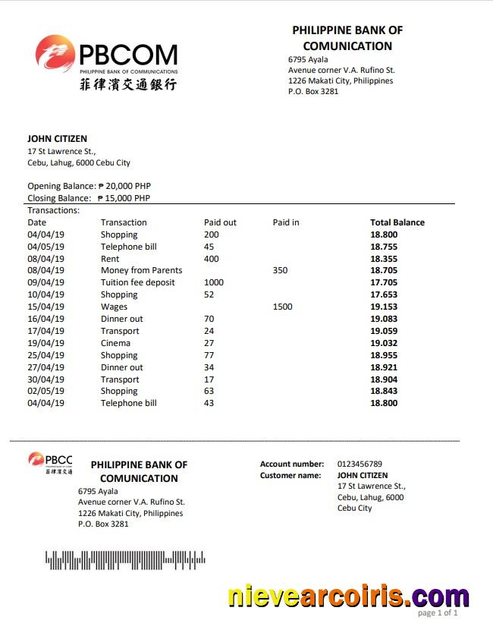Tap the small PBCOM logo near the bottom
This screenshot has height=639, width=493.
[x=50, y=463]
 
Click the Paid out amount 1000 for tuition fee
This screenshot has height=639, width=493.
[x=214, y=282]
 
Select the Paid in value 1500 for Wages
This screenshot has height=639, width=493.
[x=282, y=307]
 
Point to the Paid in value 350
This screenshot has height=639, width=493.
[x=280, y=270]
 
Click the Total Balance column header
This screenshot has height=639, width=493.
[x=397, y=222]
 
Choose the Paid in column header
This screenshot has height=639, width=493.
[x=286, y=222]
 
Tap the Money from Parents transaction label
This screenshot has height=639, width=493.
[x=141, y=270]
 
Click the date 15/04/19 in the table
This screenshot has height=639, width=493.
[x=46, y=307]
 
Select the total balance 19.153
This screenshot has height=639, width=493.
[x=383, y=307]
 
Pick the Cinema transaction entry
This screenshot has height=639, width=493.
[x=115, y=343]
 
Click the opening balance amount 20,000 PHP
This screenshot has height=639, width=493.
[x=124, y=186]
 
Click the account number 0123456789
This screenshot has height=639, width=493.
[x=360, y=464]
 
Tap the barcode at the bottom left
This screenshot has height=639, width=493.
[x=125, y=560]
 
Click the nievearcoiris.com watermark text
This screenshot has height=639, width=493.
[x=348, y=597]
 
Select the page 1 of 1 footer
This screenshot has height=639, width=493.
[x=438, y=612]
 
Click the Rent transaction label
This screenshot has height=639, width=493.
[x=110, y=259]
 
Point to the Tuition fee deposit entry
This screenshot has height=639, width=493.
[x=137, y=282]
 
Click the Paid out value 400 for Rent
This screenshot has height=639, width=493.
[x=211, y=259]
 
